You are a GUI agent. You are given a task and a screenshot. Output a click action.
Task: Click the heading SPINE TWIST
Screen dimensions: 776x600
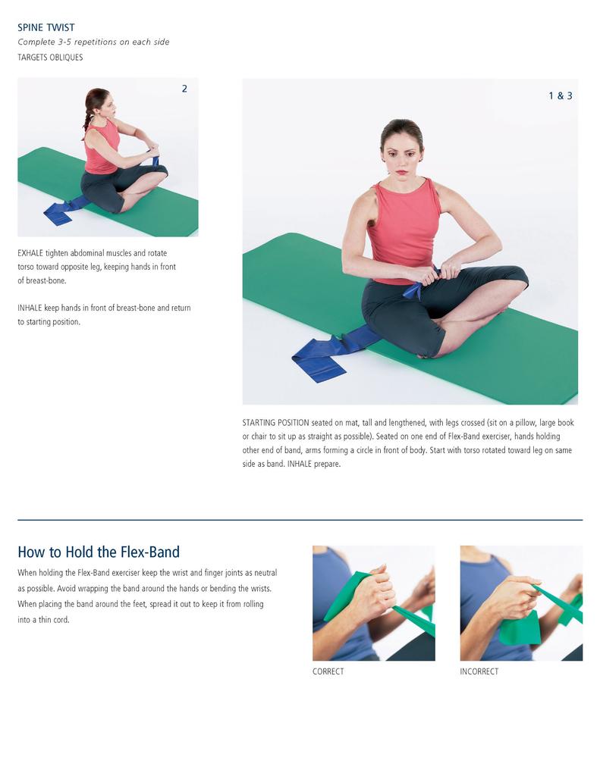tap(46, 27)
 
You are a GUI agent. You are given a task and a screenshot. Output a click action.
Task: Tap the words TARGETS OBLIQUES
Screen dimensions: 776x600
tap(50, 57)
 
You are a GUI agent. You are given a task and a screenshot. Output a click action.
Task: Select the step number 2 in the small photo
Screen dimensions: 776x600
tap(184, 89)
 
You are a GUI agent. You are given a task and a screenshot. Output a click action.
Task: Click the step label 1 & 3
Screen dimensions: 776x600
tap(560, 95)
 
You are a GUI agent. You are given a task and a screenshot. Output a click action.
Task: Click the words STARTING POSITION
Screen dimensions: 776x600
tap(275, 422)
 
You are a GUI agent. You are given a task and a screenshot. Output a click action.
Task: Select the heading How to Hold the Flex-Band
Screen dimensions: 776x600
tap(99, 552)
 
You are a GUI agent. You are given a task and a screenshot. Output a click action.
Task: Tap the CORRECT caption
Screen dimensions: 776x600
tap(328, 671)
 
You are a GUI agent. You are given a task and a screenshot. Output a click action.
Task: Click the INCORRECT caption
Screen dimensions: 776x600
tap(479, 671)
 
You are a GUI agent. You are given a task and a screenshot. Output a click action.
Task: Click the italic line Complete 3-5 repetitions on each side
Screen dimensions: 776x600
tap(93, 42)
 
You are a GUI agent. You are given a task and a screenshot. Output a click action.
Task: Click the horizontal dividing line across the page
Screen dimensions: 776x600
tap(300, 520)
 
